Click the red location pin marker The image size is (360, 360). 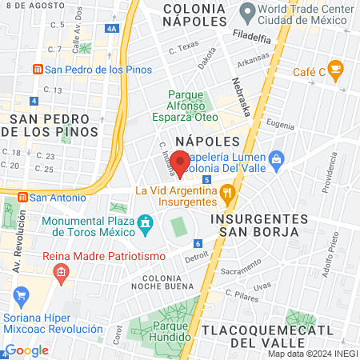click(x=181, y=162)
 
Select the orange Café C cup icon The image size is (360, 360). click(x=335, y=71)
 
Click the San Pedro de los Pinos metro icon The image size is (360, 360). click(x=36, y=70)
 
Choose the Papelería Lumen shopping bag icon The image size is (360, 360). click(x=277, y=158)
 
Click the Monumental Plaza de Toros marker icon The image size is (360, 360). click(x=145, y=222)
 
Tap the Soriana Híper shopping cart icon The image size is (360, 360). click(x=21, y=298)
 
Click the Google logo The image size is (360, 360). click(x=26, y=350)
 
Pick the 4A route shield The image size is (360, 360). click(x=111, y=29)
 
